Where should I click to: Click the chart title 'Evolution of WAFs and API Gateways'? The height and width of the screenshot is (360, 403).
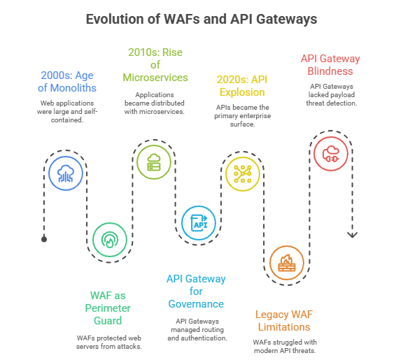coord(201,19)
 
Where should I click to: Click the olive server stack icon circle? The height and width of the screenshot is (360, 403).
coord(153,162)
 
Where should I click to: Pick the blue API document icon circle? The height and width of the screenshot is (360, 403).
coord(199,223)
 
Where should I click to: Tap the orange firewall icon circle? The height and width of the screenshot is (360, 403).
coord(287,263)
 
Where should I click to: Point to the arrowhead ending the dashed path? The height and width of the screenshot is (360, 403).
coord(353,235)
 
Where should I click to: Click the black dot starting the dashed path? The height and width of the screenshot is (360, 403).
coord(44,239)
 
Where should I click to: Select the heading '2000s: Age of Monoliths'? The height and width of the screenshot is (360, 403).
coord(66,81)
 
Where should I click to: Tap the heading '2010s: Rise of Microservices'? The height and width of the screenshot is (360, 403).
coord(155,64)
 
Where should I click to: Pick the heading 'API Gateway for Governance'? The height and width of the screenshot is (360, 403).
coord(196,291)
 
